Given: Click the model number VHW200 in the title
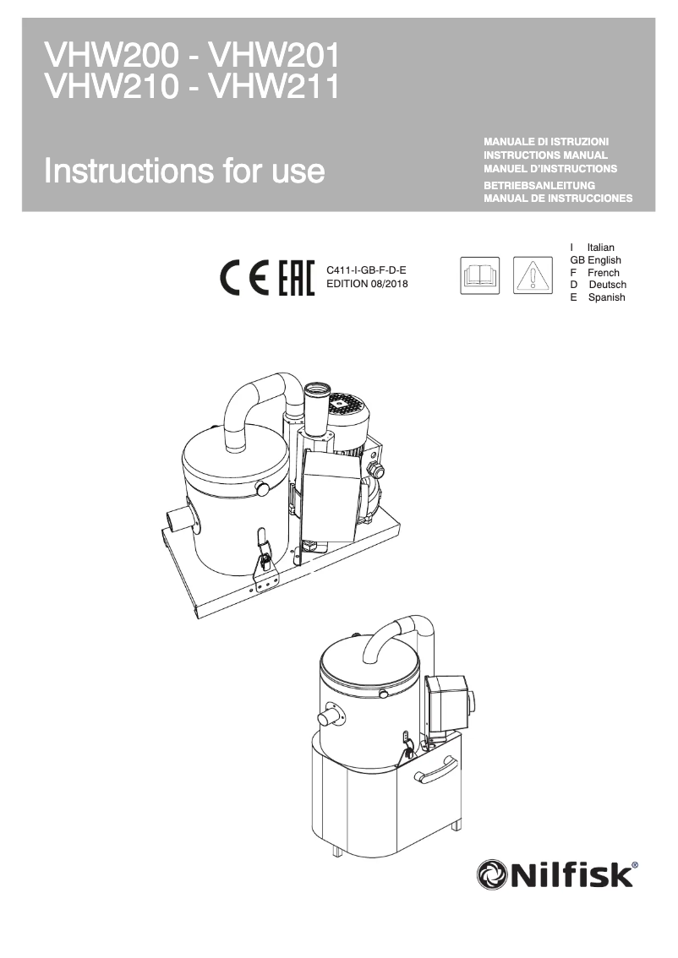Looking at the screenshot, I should pos(112,57).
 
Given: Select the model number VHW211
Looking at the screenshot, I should pos(274,86).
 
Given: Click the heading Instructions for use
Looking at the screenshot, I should pos(184,171).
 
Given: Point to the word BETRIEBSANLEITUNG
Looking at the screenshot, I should pos(539,184).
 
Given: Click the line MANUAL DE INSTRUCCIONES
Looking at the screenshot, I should pos(557,199).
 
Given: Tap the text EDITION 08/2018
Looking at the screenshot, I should pos(367,284).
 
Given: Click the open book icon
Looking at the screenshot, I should pos(479,275).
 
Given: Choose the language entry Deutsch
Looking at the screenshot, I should pos(607,285).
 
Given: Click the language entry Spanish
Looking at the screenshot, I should pos(606,297).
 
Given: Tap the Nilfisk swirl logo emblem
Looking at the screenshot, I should pos(495,874).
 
